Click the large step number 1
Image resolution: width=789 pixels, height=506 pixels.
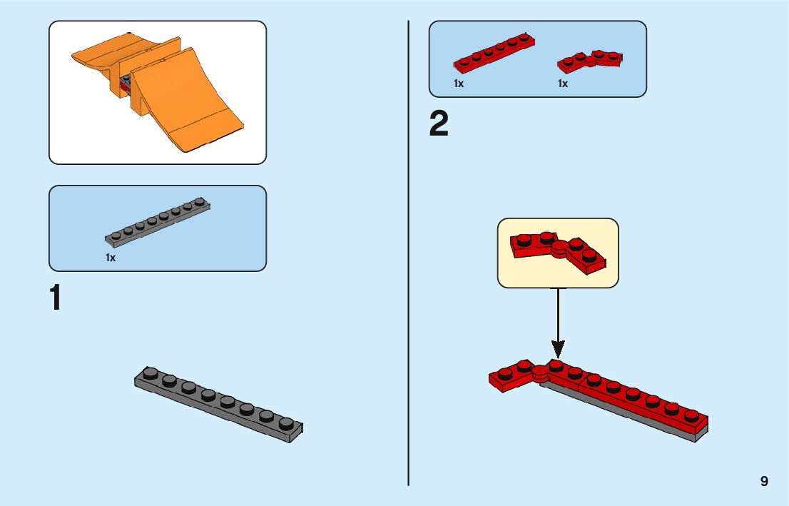[x=55, y=298]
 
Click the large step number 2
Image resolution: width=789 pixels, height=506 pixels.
[x=439, y=125]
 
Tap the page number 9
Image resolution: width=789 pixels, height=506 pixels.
[x=764, y=481]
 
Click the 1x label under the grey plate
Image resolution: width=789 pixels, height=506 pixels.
[x=111, y=258]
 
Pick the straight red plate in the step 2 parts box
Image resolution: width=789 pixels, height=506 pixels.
[x=494, y=54]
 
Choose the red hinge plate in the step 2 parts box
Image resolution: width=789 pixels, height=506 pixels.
[x=590, y=61]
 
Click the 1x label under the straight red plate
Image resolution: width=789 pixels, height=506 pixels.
[x=459, y=84]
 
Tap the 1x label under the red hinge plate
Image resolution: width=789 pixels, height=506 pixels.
[x=563, y=84]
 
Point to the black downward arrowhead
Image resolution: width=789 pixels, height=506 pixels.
[x=558, y=349]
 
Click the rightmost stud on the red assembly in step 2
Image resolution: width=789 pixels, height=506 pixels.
[x=691, y=414]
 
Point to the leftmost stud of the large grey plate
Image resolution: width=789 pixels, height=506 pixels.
[x=150, y=373]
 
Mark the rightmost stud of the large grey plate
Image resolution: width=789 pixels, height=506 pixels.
[x=286, y=423]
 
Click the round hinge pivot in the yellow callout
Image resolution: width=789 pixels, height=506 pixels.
[x=558, y=247]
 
